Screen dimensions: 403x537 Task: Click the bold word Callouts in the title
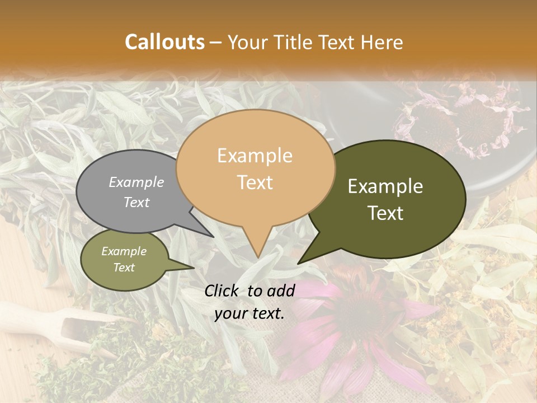click(x=164, y=42)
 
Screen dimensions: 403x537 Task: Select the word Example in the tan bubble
click(x=255, y=156)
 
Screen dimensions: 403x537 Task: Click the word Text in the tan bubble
click(x=255, y=182)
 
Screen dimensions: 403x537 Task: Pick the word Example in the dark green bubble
click(x=385, y=186)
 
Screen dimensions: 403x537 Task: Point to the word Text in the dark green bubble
click(x=386, y=213)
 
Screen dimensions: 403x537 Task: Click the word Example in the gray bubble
click(x=136, y=182)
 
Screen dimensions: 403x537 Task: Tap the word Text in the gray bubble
click(x=136, y=202)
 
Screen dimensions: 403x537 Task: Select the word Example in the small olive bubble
click(x=124, y=251)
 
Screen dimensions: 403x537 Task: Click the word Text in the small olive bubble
click(x=124, y=268)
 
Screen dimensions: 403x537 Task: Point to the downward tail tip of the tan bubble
click(x=257, y=257)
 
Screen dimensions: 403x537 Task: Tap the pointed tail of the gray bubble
click(x=212, y=236)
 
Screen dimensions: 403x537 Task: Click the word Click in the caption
click(x=222, y=290)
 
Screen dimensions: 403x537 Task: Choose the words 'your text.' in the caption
click(x=249, y=313)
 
